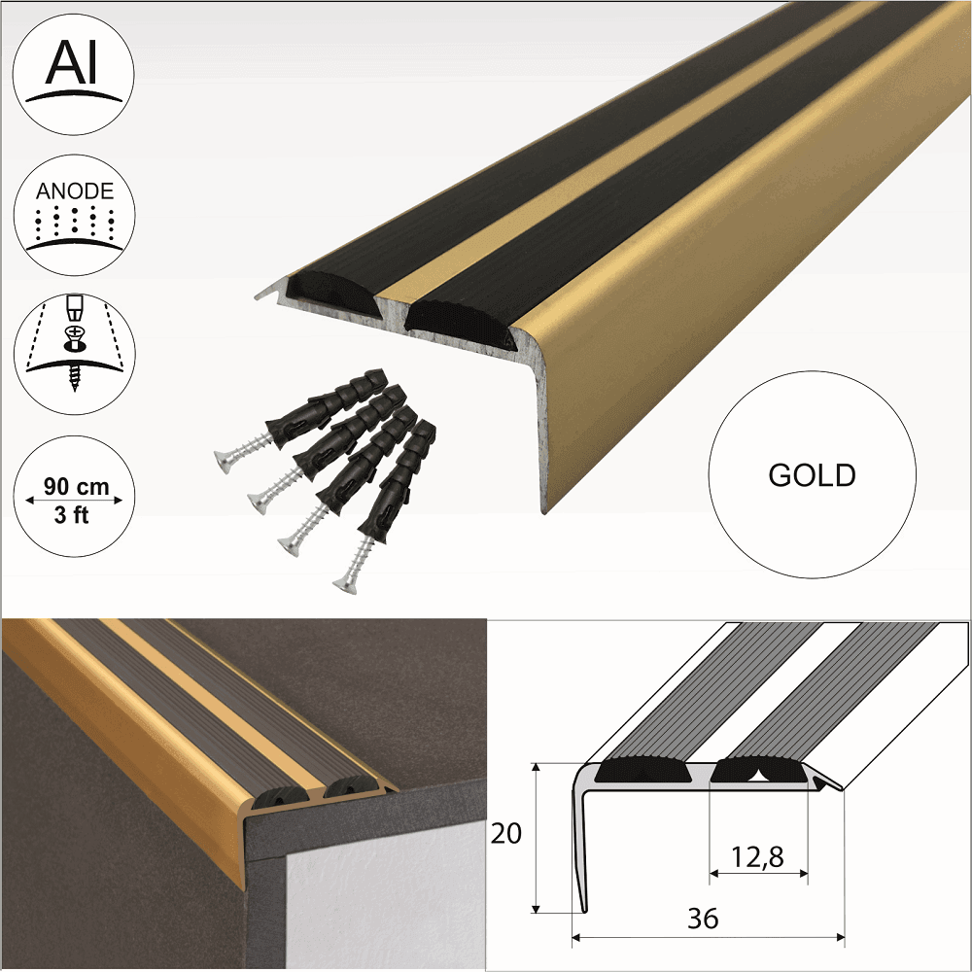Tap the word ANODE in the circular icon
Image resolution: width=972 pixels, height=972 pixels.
click(75, 191)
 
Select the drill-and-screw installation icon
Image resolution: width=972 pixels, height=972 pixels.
click(75, 345)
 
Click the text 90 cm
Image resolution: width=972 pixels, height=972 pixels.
click(75, 483)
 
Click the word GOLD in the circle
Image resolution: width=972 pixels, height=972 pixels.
click(812, 475)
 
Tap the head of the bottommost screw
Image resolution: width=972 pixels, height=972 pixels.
click(342, 584)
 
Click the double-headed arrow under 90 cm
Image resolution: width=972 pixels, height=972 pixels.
click(75, 500)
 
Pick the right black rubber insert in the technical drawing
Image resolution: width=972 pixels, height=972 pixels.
click(757, 772)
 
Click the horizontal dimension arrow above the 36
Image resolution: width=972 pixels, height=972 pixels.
click(709, 938)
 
